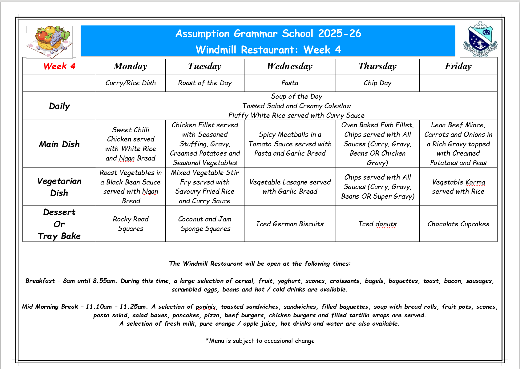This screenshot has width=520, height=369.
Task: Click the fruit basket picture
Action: point(49,42)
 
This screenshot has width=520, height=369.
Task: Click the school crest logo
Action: point(480,40)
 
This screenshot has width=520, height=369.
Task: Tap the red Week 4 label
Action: point(59,66)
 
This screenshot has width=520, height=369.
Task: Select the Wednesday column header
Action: point(290,66)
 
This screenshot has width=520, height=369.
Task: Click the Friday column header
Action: point(458,66)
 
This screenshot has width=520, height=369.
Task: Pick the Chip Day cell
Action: point(377,83)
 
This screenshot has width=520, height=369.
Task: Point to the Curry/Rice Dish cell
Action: point(131,83)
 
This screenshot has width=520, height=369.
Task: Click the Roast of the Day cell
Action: point(205,83)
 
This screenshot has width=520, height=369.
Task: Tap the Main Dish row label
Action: point(59,144)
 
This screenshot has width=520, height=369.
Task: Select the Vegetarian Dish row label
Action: point(59,187)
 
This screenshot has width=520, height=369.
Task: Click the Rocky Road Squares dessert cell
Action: point(131,224)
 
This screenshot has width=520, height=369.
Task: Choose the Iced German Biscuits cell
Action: point(290,224)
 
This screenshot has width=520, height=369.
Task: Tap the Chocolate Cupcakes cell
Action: point(458,224)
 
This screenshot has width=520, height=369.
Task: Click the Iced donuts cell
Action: point(377,224)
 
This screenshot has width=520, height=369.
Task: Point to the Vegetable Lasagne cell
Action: point(290,187)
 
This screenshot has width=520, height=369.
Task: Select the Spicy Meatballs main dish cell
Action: point(290,144)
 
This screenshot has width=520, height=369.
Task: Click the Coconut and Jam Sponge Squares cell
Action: point(205,224)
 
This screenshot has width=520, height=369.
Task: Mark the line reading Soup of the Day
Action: point(296,97)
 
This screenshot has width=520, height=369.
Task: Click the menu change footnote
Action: point(260,341)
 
